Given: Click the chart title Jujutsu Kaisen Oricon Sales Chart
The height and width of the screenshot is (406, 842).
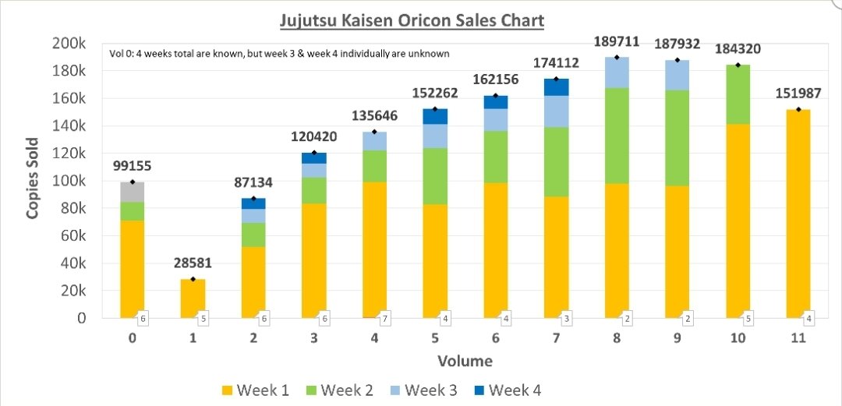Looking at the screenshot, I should point(412,19).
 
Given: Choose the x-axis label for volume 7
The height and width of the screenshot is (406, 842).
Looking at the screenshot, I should point(556,339).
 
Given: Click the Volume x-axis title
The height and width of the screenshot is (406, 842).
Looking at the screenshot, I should point(464,361).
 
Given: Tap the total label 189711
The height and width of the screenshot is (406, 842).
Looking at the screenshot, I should point(617,41).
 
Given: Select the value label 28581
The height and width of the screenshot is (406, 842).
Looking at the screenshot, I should point(193,263).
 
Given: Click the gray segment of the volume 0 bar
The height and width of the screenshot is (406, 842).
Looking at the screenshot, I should point(132,192).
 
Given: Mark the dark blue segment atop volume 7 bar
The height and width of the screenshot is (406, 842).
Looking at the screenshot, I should point(556,87).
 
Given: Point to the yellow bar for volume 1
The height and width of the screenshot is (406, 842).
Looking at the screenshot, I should point(193,298).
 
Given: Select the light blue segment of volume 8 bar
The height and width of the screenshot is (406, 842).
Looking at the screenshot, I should point(617,72).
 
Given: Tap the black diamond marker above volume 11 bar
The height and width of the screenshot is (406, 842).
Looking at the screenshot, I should point(798,109).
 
